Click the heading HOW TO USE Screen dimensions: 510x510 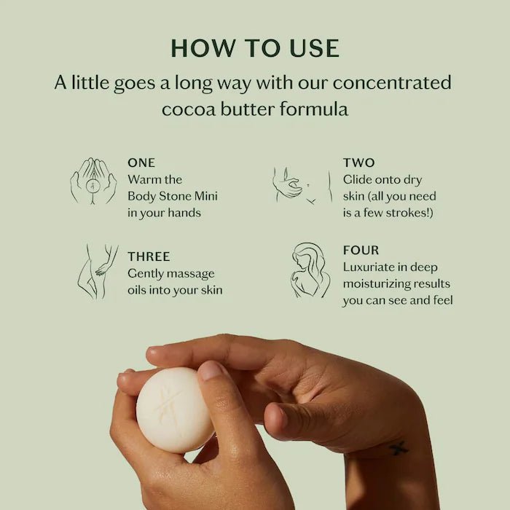coord(255,48)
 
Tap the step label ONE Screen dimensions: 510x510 coord(141,162)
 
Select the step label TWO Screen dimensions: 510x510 coord(358,162)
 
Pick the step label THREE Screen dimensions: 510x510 coord(149,256)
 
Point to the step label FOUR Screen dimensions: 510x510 coord(361,250)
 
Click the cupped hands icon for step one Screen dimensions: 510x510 coord(93,181)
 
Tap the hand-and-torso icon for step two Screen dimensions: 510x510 coord(302,186)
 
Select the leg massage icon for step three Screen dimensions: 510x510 coord(98,272)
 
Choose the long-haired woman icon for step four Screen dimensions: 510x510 coord(310,270)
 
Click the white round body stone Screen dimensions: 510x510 coord(175,410)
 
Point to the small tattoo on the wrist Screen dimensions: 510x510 coord(399,448)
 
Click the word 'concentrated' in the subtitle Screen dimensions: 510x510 coord(392,82)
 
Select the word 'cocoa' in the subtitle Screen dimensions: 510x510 coord(189,109)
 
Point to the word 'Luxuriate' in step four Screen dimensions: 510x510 coord(369,267)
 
